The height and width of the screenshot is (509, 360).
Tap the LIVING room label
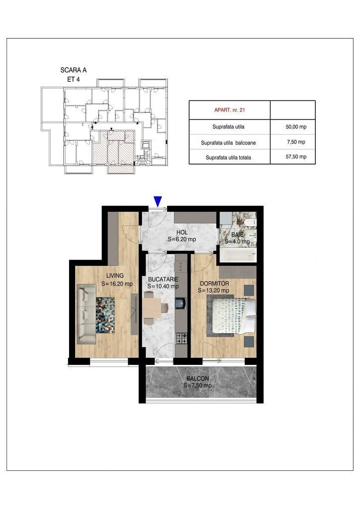coord(115,275)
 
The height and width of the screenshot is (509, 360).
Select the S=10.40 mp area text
coord(163,286)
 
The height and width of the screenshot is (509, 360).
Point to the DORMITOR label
coord(215,283)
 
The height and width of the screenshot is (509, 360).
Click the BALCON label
coord(198,378)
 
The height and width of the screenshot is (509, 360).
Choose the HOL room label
coord(182,233)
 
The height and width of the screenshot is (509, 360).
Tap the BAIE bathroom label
coord(237,235)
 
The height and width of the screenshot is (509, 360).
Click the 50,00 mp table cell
coord(296,127)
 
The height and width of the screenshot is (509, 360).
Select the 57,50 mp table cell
coord(296,157)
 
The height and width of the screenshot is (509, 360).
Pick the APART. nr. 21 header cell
coord(230,110)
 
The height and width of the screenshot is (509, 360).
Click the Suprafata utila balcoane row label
coord(228,143)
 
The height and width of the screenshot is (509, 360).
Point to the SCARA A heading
coord(74,70)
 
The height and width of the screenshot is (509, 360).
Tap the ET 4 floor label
coord(74,79)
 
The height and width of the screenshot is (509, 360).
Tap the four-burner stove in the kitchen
coord(181,339)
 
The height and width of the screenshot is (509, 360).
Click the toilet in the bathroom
coord(250,223)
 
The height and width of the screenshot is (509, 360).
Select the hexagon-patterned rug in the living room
coord(105,315)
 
